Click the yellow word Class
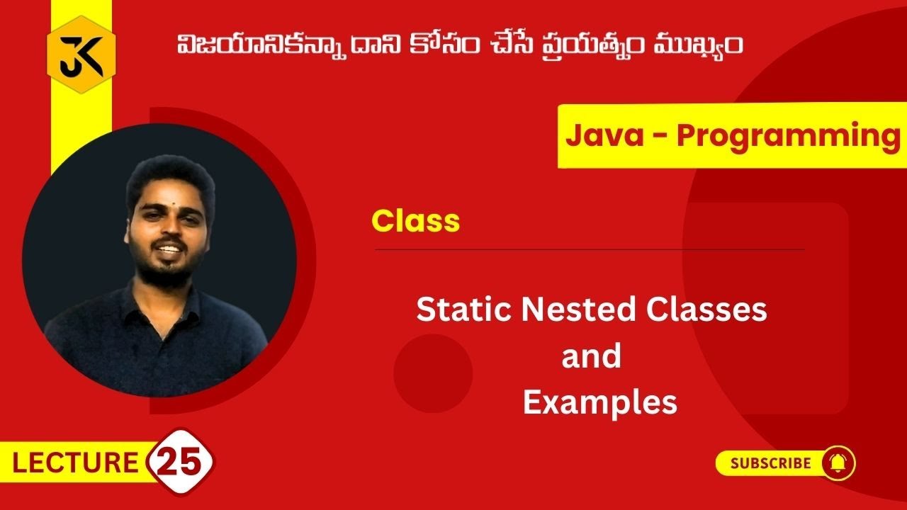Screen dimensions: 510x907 (416, 221)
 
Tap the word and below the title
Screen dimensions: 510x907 (591, 356)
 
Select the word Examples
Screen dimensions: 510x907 (599, 402)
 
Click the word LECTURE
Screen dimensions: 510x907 (74, 463)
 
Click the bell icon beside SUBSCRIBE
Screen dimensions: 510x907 (838, 464)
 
